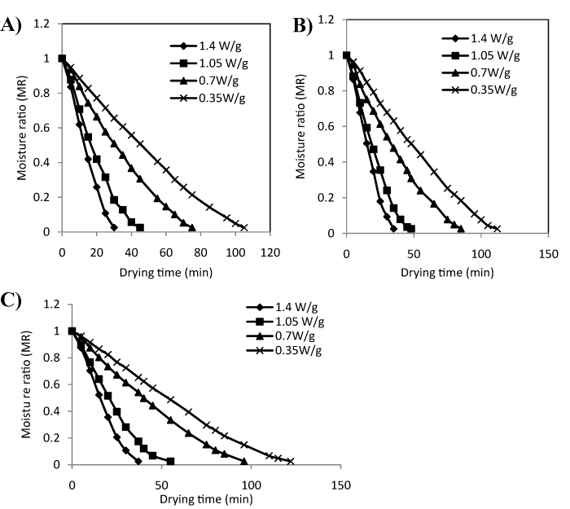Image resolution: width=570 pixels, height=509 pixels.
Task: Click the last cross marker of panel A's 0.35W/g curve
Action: coord(243,227)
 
